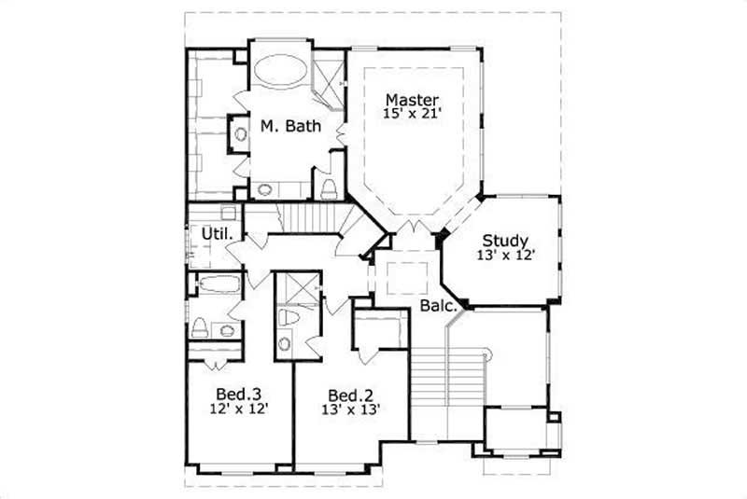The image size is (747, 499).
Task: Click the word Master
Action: coord(412,99)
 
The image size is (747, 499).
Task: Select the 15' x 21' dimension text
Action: coord(412,114)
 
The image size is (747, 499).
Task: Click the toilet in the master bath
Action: coord(329,189)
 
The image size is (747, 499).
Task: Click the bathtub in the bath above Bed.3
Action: coord(218,284)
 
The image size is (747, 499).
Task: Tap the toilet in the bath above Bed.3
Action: coord(200,327)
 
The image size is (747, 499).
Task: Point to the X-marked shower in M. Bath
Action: coord(327,71)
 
